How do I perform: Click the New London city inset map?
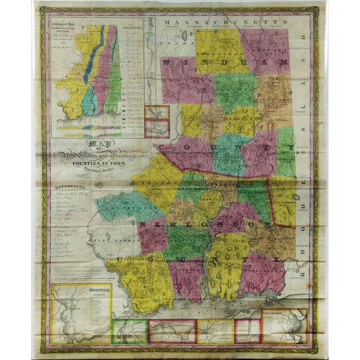(x=284, y=323)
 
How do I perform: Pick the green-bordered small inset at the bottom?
(x=128, y=331)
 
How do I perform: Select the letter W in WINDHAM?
(x=169, y=64)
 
